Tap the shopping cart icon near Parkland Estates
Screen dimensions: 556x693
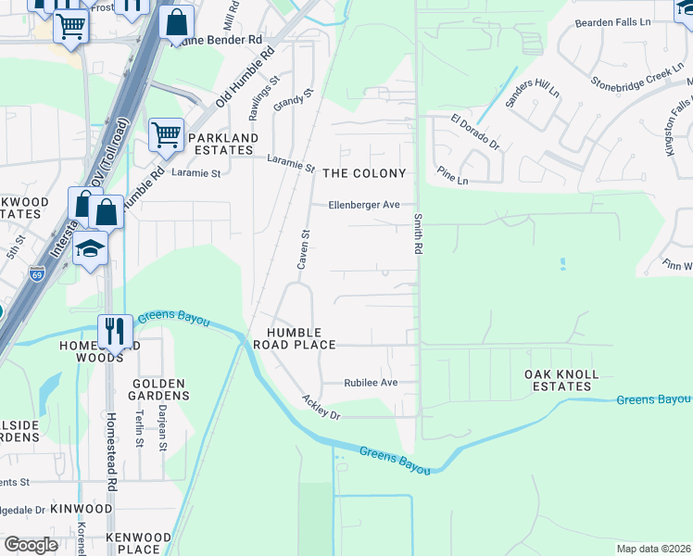pos(166,134)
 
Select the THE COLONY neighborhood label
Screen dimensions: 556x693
pos(364,173)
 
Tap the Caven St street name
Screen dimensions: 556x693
pos(302,249)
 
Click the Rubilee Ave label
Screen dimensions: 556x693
pos(371,382)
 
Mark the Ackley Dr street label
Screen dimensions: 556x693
pos(321,407)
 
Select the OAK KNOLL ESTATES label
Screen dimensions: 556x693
pos(561,381)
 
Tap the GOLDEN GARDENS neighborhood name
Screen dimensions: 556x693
pos(159,389)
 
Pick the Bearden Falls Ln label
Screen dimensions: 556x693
pos(613,22)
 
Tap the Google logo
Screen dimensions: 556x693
pos(31,545)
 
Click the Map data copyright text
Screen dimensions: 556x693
pos(653,549)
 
